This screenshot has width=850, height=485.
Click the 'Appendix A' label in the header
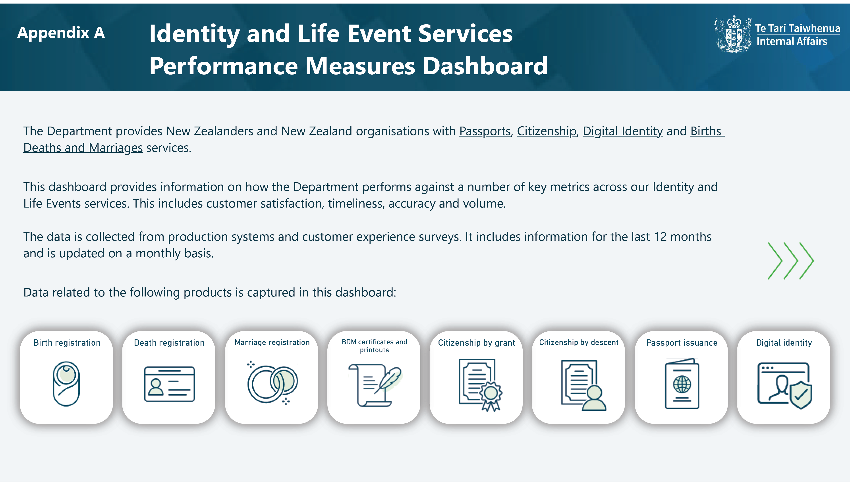[61, 33]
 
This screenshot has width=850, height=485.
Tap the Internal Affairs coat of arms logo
[733, 34]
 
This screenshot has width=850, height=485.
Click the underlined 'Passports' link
[485, 131]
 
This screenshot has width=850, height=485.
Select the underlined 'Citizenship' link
[547, 131]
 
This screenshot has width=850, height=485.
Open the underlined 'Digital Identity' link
[623, 131]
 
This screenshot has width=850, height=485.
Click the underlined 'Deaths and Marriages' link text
[83, 148]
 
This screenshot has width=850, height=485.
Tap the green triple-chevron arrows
[791, 261]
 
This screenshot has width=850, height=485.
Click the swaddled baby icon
[66, 384]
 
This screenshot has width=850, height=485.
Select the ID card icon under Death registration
[169, 384]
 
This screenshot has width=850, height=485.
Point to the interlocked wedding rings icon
[272, 383]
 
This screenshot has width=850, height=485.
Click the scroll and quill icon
[375, 385]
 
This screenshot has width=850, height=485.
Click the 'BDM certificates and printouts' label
[374, 346]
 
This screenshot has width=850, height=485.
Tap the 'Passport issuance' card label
[682, 343]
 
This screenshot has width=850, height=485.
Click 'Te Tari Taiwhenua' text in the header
[797, 28]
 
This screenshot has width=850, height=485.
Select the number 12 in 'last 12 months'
[660, 237]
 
